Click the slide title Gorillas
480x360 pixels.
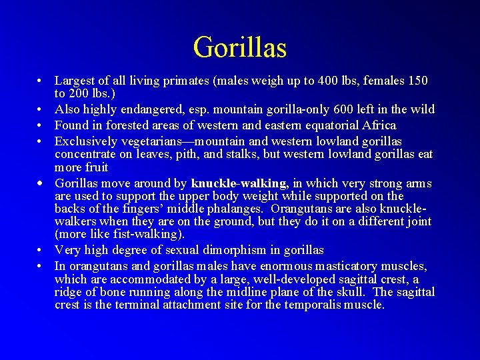(x=240, y=47)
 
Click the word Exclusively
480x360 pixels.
(x=85, y=141)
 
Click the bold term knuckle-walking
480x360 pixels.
(x=239, y=183)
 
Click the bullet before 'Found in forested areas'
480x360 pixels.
(x=41, y=125)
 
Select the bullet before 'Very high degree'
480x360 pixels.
(x=41, y=251)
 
